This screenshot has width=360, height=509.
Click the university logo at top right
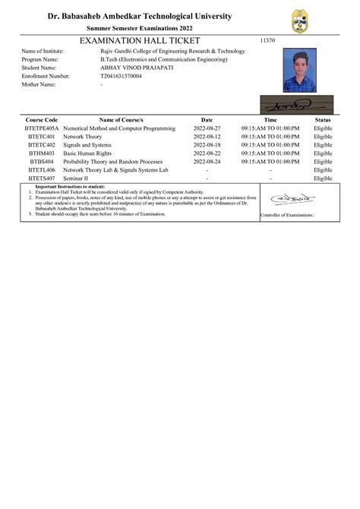pos(300,22)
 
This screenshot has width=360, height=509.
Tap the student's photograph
pos(298,71)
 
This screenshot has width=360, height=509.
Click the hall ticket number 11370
pos(267,40)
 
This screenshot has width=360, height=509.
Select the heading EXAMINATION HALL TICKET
pos(140,40)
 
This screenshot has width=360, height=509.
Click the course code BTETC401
pos(42,137)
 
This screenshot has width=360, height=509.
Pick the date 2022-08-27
pos(207,128)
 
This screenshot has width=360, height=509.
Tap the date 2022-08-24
pos(207,162)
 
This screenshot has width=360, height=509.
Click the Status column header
pos(323,120)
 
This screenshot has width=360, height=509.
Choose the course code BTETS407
pos(42,179)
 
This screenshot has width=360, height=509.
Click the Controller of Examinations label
pos(286,216)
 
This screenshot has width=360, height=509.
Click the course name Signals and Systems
pos(88,145)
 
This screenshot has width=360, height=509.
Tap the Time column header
pos(270,120)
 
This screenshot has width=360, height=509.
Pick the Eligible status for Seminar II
pos(323,179)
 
